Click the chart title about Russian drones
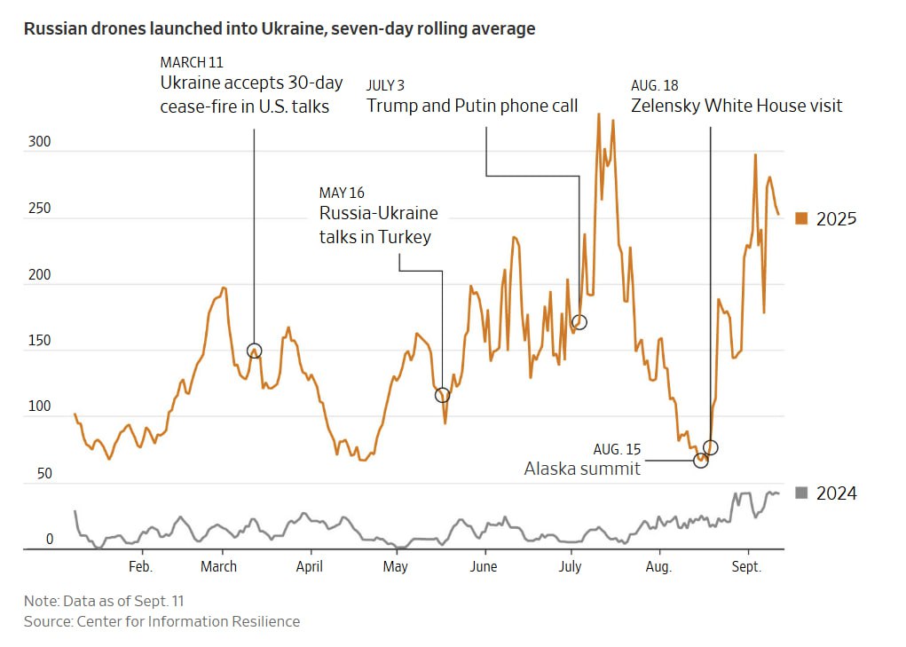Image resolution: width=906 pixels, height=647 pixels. tap(279, 28)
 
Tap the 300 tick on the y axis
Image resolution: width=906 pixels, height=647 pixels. tap(41, 143)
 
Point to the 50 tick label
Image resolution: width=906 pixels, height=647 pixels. tap(44, 474)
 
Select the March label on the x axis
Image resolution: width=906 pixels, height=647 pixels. tap(218, 566)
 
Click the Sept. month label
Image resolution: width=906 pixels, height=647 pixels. tap(746, 566)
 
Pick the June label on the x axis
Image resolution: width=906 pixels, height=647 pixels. tap(484, 566)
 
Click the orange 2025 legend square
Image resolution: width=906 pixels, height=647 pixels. tap(801, 218)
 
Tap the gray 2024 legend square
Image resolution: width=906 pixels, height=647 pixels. tap(801, 493)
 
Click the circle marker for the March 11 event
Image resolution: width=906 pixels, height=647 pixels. tap(254, 351)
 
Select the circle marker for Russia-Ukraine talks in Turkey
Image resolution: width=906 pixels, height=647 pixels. tap(443, 394)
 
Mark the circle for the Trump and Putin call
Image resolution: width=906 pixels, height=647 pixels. tap(579, 322)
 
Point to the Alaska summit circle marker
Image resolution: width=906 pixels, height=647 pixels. tap(701, 460)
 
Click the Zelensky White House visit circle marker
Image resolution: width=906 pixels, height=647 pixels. tap(710, 447)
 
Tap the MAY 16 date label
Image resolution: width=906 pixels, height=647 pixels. tap(342, 193)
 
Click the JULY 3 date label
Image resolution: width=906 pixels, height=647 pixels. tap(385, 85)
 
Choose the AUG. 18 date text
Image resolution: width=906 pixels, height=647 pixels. tap(655, 85)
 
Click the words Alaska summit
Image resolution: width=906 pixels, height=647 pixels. tap(582, 469)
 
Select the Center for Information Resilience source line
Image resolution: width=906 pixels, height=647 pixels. tap(162, 621)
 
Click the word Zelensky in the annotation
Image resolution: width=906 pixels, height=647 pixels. tap(666, 106)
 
